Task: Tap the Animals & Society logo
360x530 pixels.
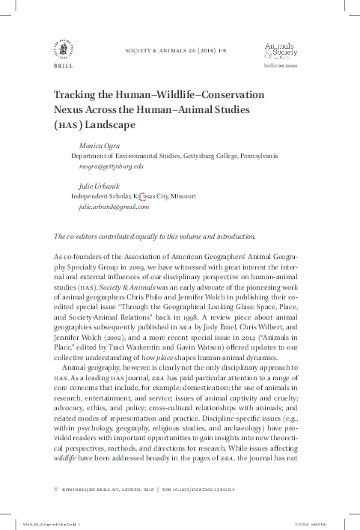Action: point(280,51)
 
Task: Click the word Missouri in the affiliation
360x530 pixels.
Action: point(183,196)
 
